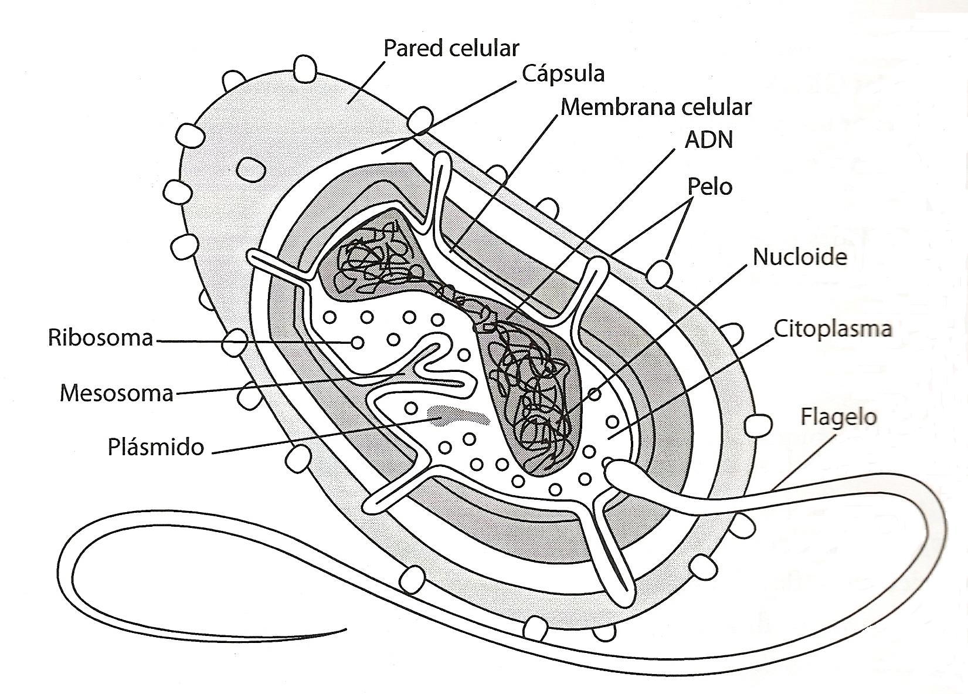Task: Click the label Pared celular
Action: pos(451,48)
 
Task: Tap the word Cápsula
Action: pos(562,74)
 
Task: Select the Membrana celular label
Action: pos(655,107)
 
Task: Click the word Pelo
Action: pos(709,187)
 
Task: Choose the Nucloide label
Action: pos(800,257)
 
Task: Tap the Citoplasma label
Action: pos(833,329)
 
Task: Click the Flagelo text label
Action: pos(838,417)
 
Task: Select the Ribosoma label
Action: pos(100,338)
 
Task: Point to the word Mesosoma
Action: pos(117,392)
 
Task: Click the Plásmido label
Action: pos(156,448)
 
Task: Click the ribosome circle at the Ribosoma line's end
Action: pos(356,342)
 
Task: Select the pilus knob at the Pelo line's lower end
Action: pos(660,272)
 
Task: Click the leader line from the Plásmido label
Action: pos(322,436)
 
